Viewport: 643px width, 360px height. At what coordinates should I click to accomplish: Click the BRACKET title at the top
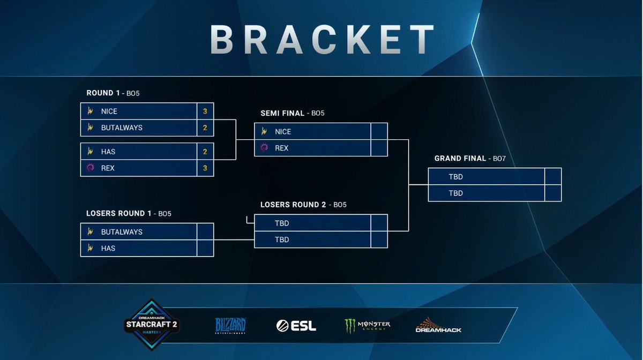(322, 39)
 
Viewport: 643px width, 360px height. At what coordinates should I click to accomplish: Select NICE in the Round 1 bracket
(109, 111)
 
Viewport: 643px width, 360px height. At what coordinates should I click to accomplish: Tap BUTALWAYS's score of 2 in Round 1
(205, 128)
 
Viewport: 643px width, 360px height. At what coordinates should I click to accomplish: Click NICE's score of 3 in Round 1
(205, 111)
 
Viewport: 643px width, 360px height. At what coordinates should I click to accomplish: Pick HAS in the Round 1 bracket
(108, 152)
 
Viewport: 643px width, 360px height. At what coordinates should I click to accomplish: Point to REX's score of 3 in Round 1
(205, 168)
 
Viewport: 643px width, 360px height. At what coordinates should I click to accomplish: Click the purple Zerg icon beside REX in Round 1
(91, 168)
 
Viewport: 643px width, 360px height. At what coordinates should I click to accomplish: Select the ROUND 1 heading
(103, 93)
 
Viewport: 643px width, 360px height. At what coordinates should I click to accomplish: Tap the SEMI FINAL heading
(283, 114)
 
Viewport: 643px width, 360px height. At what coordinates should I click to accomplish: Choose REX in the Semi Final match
(281, 148)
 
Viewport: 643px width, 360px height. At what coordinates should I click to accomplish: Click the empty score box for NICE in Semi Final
(378, 132)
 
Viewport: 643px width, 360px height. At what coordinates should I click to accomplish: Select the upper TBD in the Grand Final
(455, 177)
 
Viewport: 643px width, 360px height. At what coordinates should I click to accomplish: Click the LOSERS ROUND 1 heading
(119, 214)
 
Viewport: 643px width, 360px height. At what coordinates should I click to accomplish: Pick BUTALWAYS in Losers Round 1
(122, 232)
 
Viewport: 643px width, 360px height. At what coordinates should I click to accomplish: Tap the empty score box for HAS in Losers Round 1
(205, 249)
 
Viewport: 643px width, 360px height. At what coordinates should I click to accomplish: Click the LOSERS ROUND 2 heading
(293, 205)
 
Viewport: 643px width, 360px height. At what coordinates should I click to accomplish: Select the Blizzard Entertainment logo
(230, 326)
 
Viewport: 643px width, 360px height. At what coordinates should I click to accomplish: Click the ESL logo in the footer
(296, 326)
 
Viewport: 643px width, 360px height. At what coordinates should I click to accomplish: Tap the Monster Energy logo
(368, 326)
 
